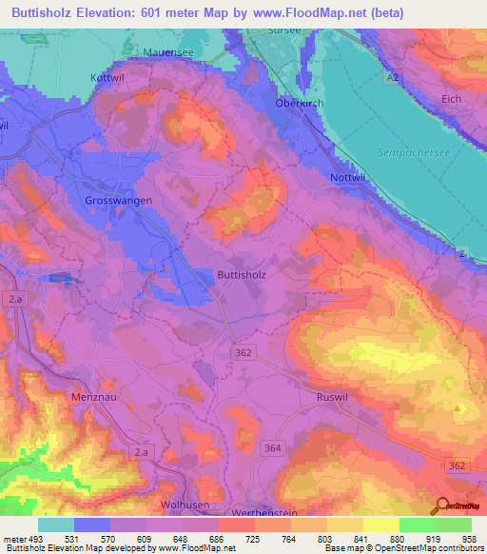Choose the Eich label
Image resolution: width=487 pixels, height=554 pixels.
[x=451, y=99]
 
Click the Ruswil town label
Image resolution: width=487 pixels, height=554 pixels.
[x=334, y=395]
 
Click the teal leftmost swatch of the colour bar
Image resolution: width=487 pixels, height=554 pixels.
[x=55, y=524]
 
